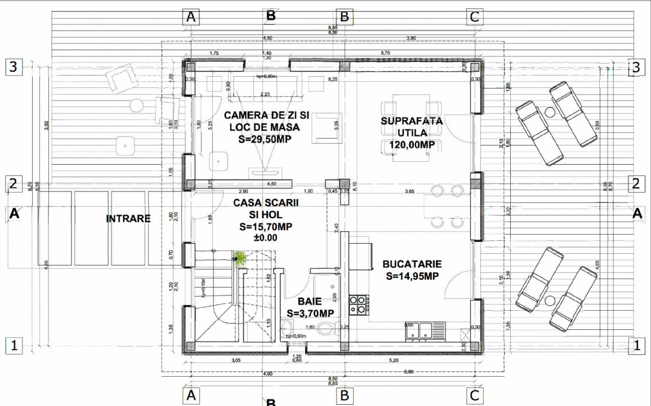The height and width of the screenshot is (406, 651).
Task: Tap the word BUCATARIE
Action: pos(412,264)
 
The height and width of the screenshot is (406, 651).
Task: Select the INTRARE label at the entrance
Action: pos(128,218)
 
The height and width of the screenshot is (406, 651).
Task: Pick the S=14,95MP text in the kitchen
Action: pos(412,276)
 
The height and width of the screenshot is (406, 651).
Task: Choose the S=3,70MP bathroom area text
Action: pos(309,313)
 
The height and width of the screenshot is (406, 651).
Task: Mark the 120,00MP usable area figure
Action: pos(411,145)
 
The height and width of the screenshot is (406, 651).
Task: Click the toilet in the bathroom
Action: pos(326,328)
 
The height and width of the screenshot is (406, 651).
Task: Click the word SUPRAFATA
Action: pos(411,121)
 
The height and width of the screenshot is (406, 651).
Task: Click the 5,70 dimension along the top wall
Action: pos(385,52)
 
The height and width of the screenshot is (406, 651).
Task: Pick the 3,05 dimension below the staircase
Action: pos(237,360)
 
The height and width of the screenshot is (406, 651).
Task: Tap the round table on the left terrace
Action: pos(137,105)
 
